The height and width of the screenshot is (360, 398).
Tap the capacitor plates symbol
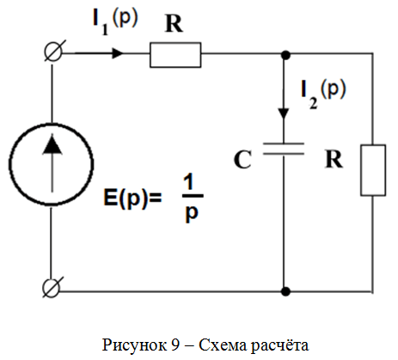click(284, 149)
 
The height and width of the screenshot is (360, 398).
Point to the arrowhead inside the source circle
click(52, 144)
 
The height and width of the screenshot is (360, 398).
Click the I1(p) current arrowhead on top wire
click(118, 53)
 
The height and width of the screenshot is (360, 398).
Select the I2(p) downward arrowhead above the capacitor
click(284, 113)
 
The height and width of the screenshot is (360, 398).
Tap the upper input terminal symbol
click(53, 51)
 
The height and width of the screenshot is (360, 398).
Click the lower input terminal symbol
click(52, 287)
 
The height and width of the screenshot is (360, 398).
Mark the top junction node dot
click(285, 55)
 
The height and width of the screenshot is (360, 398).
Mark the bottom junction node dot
click(285, 291)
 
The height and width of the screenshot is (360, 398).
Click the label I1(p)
click(115, 21)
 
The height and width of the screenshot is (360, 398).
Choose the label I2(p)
click(323, 94)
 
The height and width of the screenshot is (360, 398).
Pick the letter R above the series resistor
click(174, 23)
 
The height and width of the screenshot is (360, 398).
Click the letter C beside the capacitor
click(242, 160)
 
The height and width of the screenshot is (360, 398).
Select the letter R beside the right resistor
click(334, 159)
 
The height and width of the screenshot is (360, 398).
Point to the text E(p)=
click(132, 198)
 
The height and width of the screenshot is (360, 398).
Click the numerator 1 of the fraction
click(189, 182)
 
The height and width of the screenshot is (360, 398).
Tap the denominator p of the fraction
click(192, 213)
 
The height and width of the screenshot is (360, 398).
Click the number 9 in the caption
click(175, 345)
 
